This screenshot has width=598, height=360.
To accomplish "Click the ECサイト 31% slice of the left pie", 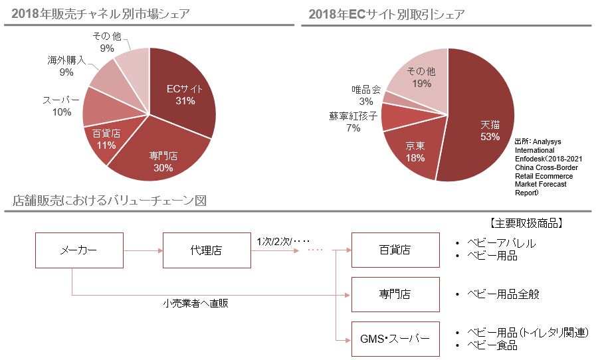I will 181,95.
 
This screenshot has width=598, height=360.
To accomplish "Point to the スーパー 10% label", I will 61,106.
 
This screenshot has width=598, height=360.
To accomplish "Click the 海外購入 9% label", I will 66,66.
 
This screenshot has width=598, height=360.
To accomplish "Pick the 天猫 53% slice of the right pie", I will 490,130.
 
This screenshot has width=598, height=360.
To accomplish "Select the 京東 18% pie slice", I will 415,152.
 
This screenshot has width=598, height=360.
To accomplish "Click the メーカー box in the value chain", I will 79,250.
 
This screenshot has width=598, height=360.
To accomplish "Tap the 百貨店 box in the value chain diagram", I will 395,250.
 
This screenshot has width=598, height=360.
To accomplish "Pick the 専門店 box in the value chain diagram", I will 395,294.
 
